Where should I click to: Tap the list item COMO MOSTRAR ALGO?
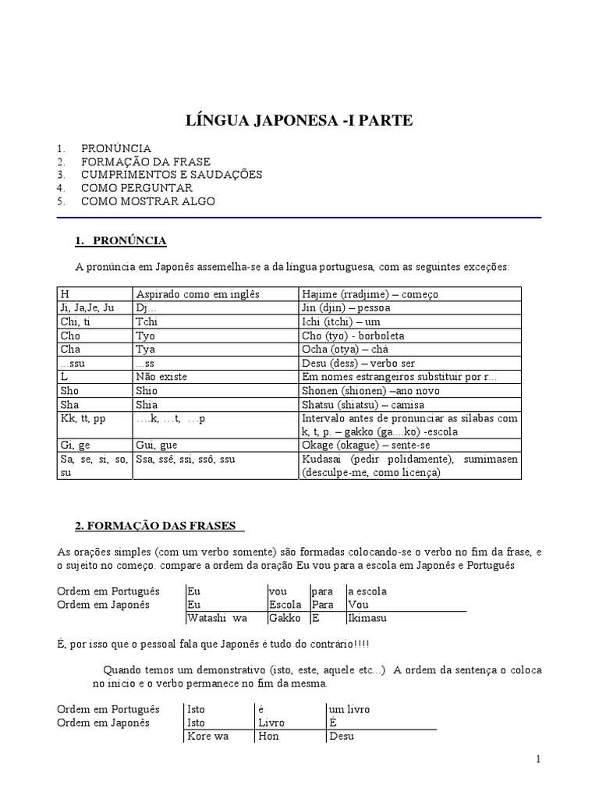tap(147, 201)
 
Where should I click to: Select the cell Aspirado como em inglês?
tap(198, 294)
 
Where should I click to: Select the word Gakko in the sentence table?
tap(282, 619)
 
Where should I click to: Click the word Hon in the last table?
tap(268, 736)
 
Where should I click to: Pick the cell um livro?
tap(350, 709)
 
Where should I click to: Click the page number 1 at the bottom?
tap(539, 759)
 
